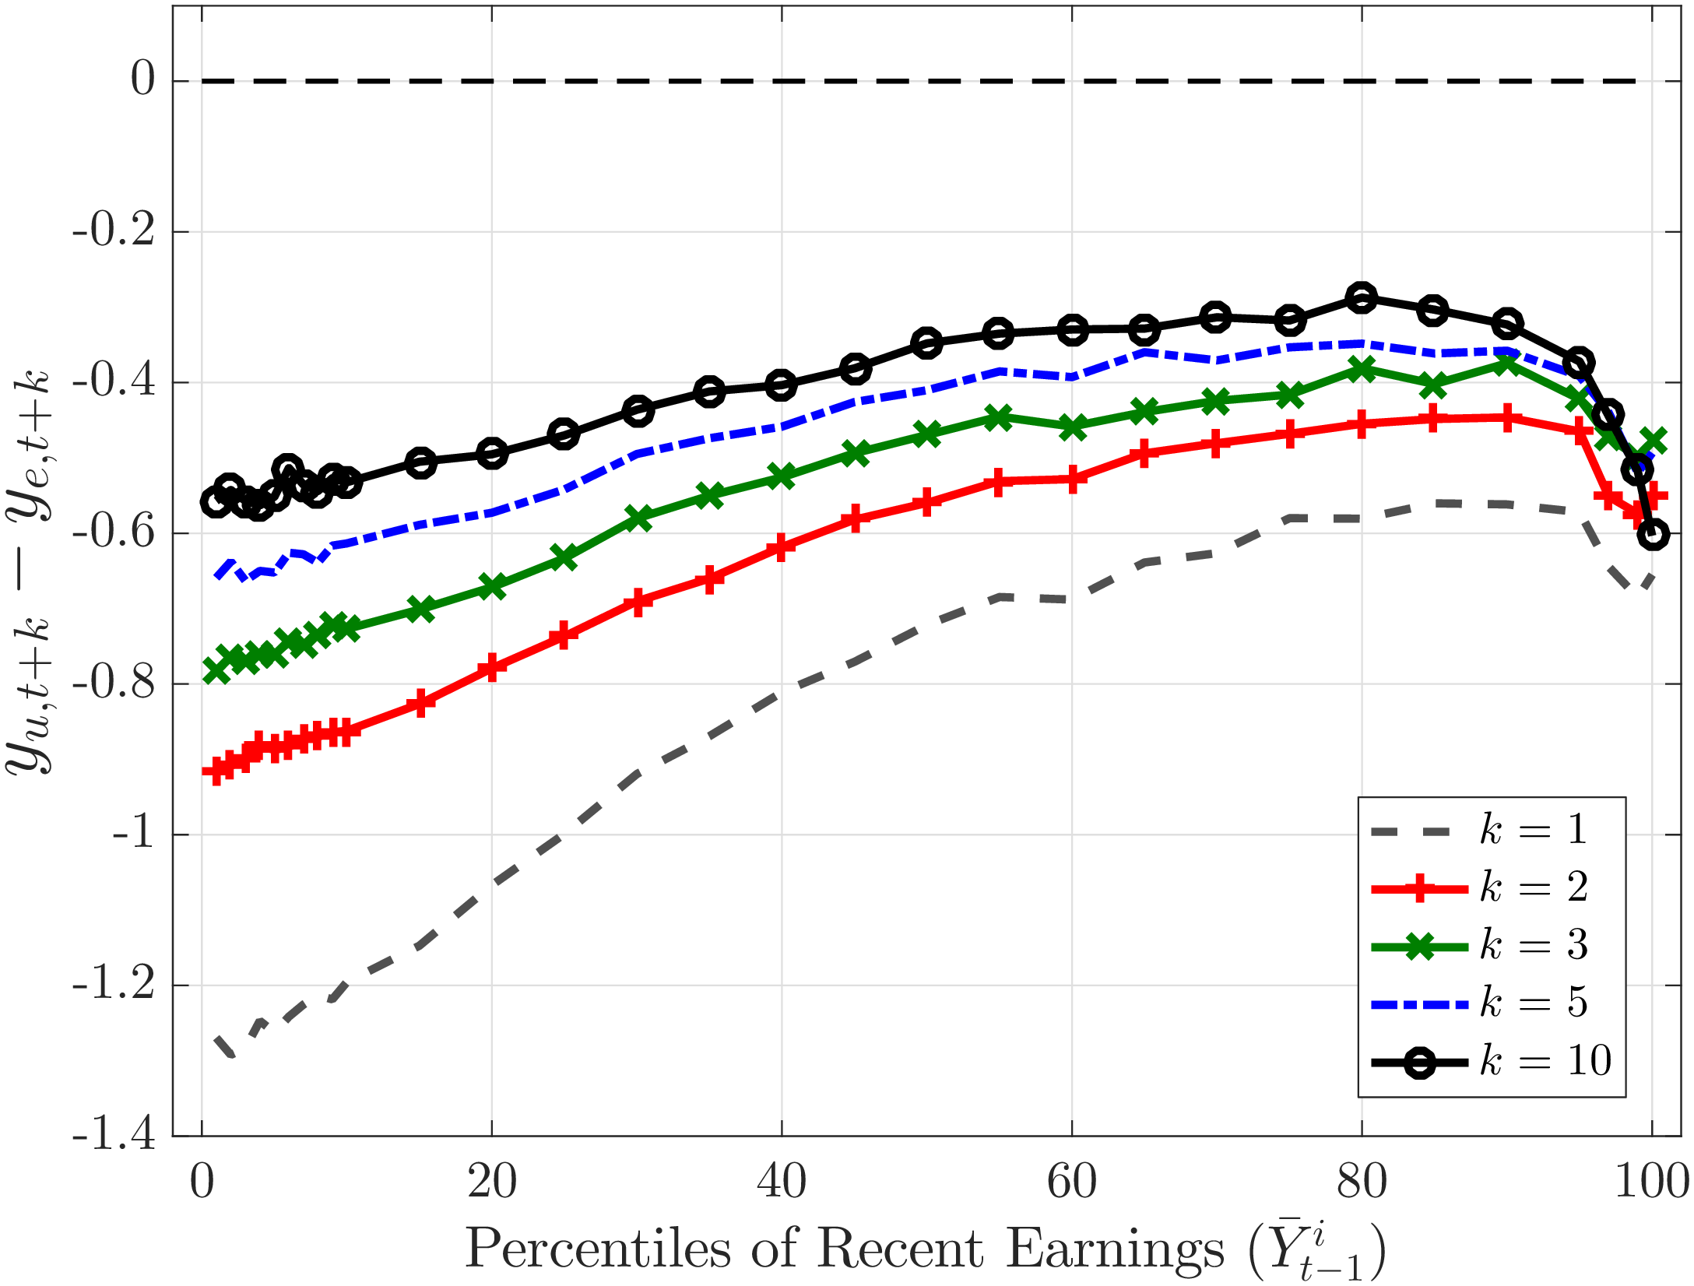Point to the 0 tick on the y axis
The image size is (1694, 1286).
[x=142, y=79]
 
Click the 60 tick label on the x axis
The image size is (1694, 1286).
[x=1072, y=1182]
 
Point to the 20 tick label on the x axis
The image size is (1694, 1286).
[x=492, y=1182]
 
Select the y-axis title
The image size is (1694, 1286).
[x=30, y=572]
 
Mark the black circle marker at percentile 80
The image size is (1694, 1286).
[x=1362, y=298]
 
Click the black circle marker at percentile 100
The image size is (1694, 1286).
[x=1653, y=535]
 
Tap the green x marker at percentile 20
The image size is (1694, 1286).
[x=492, y=586]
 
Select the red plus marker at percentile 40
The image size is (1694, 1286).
[x=781, y=547]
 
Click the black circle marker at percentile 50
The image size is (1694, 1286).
[x=926, y=343]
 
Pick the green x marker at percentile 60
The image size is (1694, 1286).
[x=1073, y=427]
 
